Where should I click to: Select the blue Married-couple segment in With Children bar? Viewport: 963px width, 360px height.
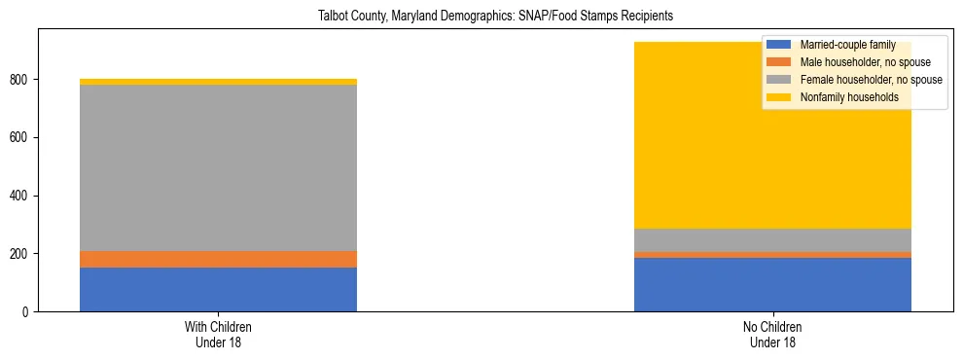218,289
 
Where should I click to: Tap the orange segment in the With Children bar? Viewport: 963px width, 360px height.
218,259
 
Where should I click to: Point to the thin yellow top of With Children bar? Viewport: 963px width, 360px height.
218,82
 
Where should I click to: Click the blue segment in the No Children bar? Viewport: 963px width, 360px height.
772,284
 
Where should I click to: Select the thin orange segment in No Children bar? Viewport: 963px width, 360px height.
772,255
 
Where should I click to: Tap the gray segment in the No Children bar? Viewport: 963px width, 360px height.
772,240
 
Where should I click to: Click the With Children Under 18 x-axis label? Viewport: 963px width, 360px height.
218,335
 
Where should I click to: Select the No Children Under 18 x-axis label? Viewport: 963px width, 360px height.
772,335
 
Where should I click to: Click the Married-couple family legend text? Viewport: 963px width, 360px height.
846,45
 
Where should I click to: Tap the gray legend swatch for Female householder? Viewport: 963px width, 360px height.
779,80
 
